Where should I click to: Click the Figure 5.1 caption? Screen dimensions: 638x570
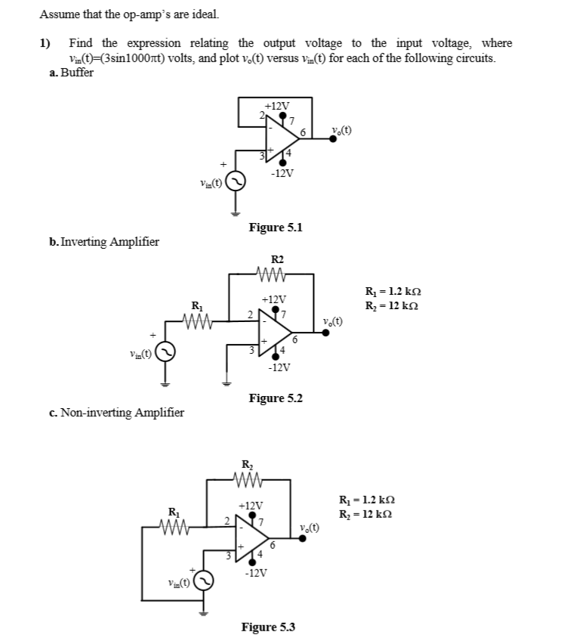tap(276, 227)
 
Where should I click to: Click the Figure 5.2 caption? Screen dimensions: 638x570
tap(276, 398)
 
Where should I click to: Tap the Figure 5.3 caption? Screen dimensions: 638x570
tap(268, 627)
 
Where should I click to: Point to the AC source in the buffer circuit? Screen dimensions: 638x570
tap(235, 181)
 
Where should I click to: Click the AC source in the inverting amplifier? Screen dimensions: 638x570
tap(166, 352)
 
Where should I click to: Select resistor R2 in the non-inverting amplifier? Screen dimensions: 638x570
tap(247, 478)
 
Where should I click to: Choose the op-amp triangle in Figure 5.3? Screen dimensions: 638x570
tap(252, 539)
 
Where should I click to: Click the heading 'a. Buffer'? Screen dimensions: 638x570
tap(72, 73)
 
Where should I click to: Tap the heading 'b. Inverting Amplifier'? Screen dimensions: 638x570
tap(103, 242)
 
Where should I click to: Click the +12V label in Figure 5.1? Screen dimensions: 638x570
tap(277, 106)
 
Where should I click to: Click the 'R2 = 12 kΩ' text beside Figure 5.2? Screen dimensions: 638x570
tap(392, 305)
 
